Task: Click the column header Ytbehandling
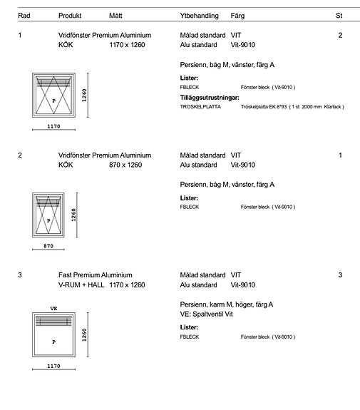coord(199,16)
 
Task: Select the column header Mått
coord(115,16)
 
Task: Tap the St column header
coord(339,16)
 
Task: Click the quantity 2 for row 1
coord(340,36)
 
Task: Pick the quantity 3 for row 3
coord(340,275)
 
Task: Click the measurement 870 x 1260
coord(125,165)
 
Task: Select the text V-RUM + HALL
coord(81,285)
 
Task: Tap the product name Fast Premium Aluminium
coord(96,275)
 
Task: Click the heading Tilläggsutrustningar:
coord(210,98)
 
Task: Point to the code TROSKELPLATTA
coord(200,107)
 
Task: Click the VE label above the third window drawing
coord(53,309)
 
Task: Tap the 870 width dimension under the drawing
coord(48,246)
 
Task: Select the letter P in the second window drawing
coord(48,221)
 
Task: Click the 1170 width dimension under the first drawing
coord(53,126)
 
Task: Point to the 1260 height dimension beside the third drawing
coord(84,335)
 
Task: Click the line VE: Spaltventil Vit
coord(206,314)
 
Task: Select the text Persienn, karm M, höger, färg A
coord(227,304)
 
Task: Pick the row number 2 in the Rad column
coord(20,155)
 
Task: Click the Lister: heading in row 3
coord(189,327)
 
